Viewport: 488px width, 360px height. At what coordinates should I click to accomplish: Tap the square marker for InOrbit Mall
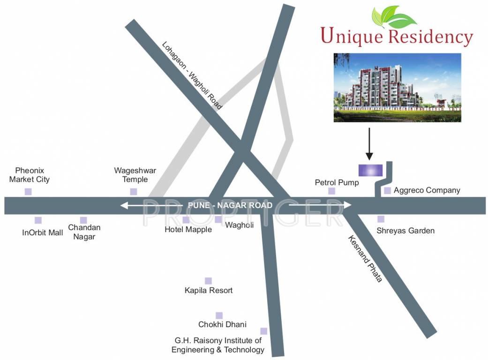38,220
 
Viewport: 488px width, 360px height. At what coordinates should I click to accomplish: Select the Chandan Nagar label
84,232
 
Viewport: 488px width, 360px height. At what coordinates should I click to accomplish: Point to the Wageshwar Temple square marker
134,191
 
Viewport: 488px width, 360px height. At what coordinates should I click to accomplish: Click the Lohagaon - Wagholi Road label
192,75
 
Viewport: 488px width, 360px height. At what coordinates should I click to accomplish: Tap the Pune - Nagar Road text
230,205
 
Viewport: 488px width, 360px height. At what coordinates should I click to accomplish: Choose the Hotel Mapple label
188,230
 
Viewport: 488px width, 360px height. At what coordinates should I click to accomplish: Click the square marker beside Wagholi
218,219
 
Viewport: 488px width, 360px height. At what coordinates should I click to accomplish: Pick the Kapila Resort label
209,291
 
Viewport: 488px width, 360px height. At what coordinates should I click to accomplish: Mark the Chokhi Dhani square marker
219,315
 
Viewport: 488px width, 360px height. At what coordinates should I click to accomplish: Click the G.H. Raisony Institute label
218,345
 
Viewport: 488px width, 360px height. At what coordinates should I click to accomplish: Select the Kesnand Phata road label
365,258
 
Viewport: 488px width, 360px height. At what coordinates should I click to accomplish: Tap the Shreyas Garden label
405,231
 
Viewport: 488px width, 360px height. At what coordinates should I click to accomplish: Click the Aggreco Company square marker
387,191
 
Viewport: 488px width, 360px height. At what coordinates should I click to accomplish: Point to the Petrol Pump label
337,182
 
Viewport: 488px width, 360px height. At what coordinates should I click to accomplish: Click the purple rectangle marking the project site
370,170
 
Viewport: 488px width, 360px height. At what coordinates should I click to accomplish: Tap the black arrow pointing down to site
369,143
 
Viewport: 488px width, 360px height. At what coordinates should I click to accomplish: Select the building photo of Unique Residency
397,88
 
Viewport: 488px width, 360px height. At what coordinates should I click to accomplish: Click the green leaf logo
394,17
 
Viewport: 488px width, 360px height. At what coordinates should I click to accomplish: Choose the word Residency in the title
430,37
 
